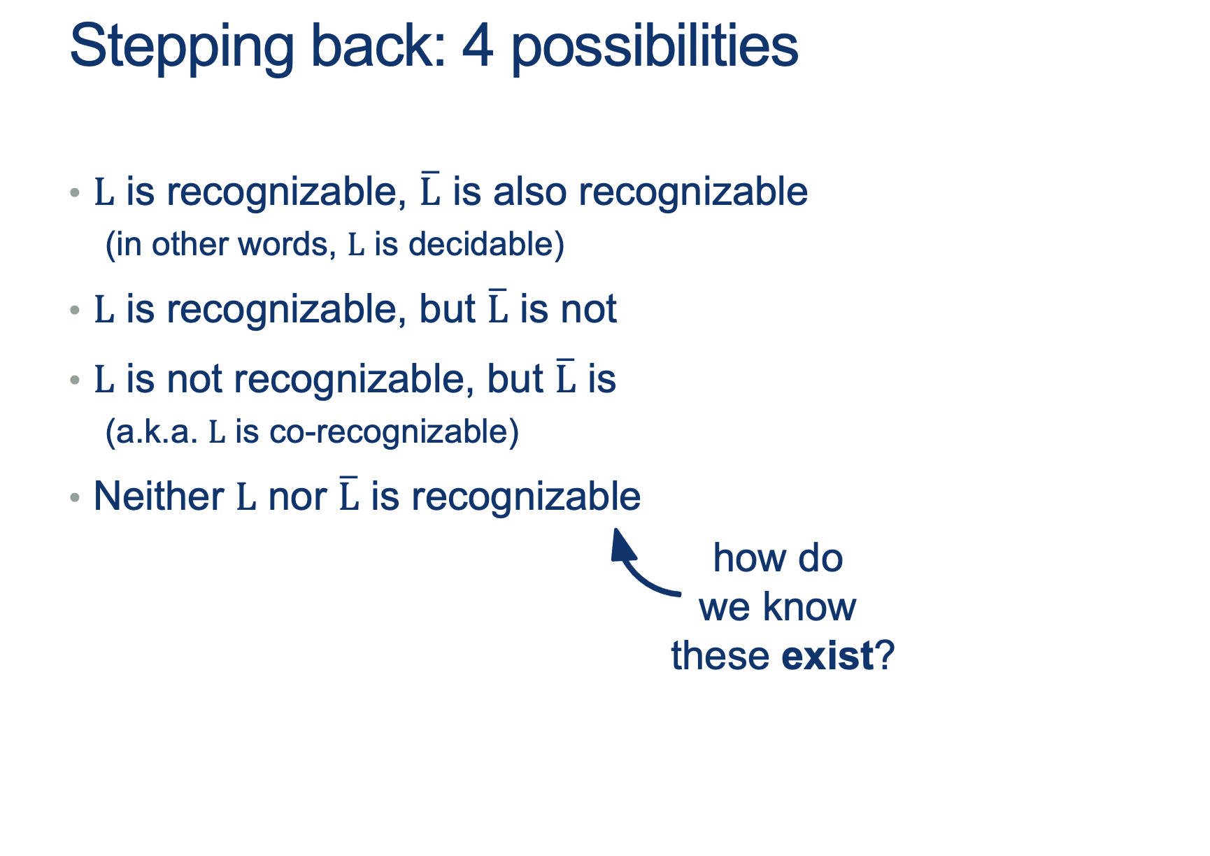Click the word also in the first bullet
click(529, 191)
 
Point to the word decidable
click(486, 244)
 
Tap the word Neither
click(159, 497)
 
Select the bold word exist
click(827, 655)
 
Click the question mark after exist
click(885, 655)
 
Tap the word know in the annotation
click(810, 606)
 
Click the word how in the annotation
click(744, 558)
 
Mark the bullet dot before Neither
click(75, 497)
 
